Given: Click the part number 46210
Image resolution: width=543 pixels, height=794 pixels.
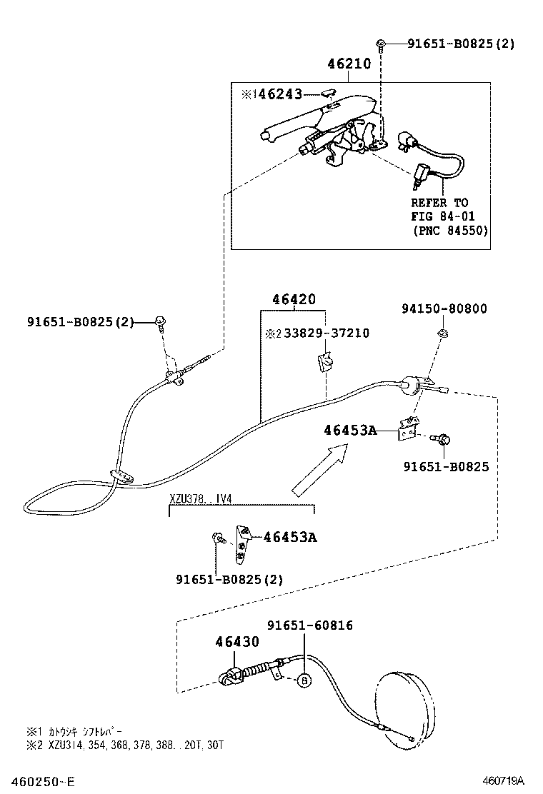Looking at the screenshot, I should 349,64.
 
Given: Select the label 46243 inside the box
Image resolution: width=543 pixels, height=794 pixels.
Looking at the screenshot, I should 280,94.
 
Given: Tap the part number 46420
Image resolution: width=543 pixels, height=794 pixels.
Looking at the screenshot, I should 293,300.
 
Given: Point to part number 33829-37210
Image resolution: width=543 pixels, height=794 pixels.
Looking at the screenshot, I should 327,333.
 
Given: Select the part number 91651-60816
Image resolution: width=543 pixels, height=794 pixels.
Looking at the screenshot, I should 310,625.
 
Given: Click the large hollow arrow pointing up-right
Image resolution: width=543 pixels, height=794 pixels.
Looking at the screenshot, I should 320,469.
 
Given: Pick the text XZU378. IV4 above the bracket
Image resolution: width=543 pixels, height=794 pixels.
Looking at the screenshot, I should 201,498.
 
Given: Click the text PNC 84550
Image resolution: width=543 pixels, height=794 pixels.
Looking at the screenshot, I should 450,230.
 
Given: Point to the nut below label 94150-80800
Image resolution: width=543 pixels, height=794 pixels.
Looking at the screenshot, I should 442,333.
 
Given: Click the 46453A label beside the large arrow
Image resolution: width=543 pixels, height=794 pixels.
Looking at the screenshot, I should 349,430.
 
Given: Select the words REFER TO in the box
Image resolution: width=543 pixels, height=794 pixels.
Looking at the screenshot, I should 439,203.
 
